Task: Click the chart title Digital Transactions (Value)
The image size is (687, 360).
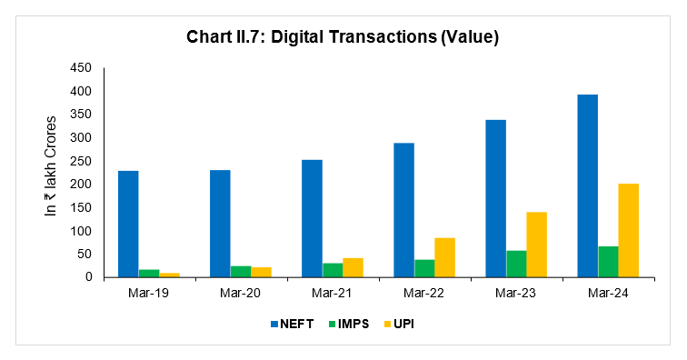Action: [343, 37]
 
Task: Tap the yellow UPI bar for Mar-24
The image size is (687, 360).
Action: [628, 231]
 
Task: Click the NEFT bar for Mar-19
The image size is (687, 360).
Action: [128, 225]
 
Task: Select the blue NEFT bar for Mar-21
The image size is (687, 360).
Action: [311, 219]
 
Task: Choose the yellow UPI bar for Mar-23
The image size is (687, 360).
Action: [536, 245]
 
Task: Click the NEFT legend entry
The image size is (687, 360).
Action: [290, 325]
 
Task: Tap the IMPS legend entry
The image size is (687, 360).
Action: [349, 325]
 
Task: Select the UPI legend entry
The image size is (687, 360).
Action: [402, 325]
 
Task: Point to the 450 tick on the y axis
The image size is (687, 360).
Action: [82, 68]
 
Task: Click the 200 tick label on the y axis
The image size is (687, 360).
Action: [82, 185]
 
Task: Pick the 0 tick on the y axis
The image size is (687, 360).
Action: [89, 277]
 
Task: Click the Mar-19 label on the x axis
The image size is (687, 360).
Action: [149, 294]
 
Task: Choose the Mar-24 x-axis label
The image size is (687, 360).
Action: [607, 294]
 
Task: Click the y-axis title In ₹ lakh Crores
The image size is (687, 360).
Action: [52, 165]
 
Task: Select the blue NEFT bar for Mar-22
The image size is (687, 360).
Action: [403, 210]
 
